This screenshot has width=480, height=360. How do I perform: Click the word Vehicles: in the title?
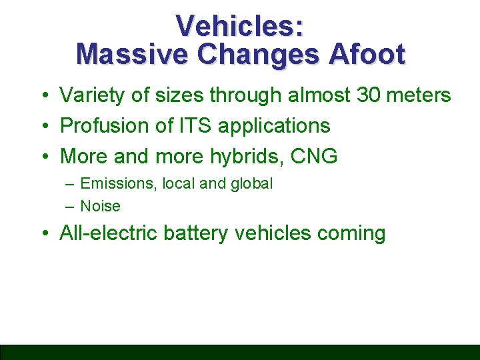point(240,26)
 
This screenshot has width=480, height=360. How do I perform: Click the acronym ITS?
point(195,125)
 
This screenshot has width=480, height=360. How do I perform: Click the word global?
point(251,184)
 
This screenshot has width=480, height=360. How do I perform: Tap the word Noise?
point(100,206)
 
